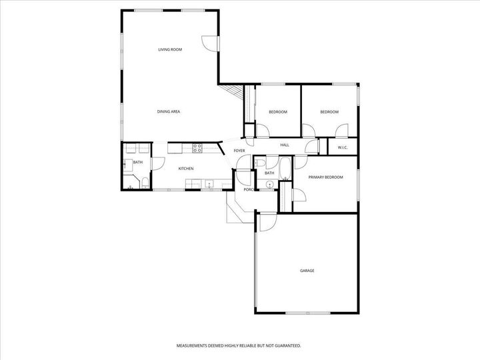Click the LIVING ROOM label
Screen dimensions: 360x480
click(170, 49)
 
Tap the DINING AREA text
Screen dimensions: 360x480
click(169, 111)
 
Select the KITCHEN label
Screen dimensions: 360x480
click(186, 169)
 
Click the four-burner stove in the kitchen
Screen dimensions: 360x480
click(197, 147)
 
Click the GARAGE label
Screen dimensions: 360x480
click(307, 271)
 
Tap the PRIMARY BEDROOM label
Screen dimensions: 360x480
click(325, 177)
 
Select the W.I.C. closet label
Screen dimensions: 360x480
click(343, 147)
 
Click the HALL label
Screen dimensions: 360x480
click(285, 145)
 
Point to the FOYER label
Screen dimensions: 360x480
click(239, 151)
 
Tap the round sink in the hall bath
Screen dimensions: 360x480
click(270, 185)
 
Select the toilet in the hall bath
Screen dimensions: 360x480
click(261, 162)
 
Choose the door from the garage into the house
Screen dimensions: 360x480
click(266, 223)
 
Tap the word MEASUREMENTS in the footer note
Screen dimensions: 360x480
click(194, 346)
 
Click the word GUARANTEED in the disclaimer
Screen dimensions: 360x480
click(285, 346)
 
